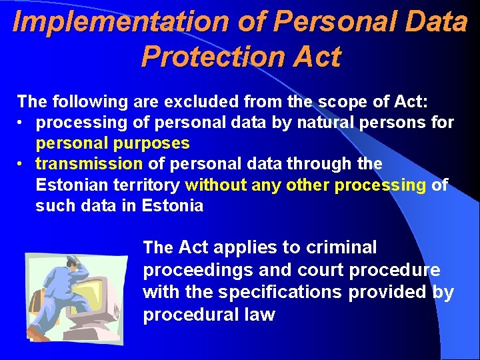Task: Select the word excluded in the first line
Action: coord(198,102)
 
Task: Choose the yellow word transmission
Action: coord(89,164)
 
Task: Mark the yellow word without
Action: coord(216,185)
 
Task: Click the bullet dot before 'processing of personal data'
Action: coord(23,123)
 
